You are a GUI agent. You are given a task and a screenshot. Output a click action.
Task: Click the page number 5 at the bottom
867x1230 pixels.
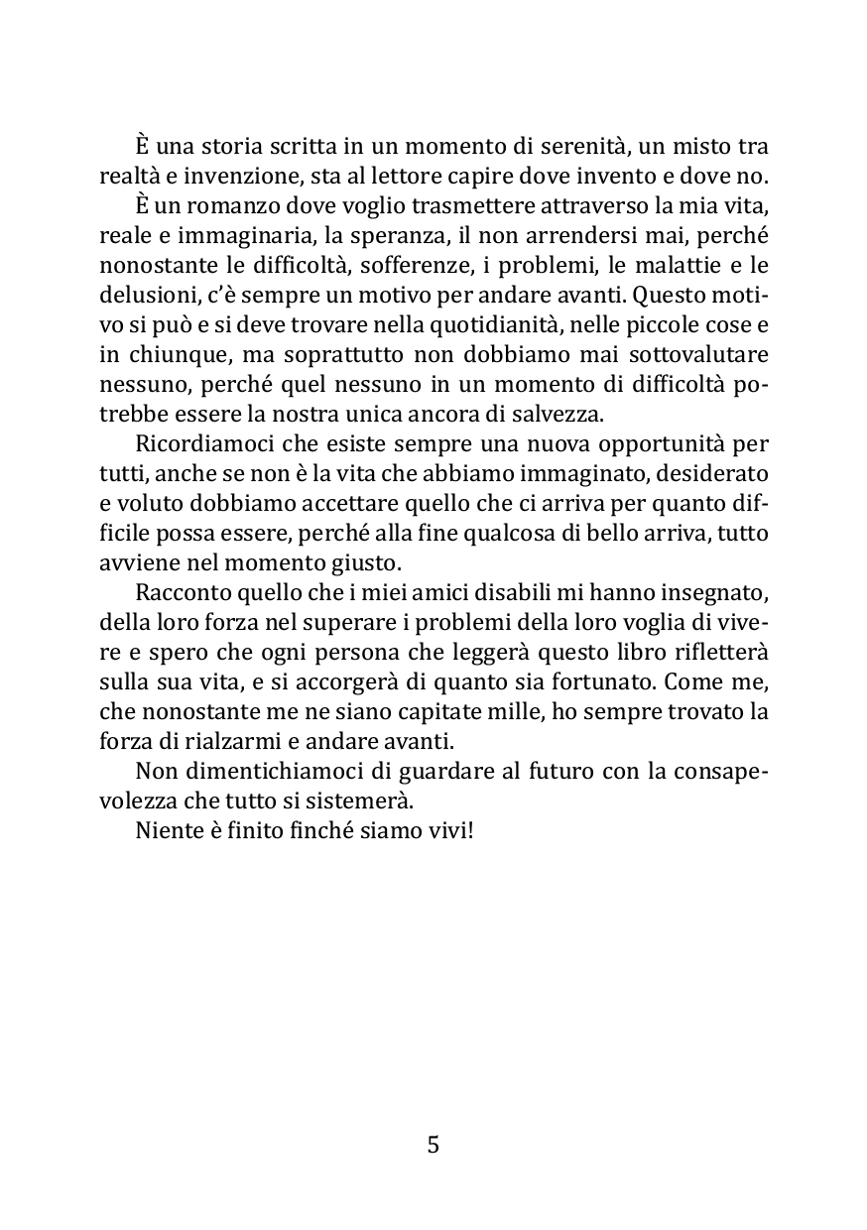pos(433,1146)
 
